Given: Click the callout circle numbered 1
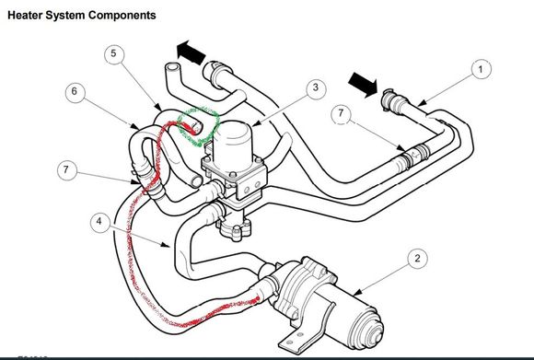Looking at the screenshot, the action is tap(482, 69).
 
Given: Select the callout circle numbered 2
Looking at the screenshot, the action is tap(417, 259).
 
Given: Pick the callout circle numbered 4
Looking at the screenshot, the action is tap(99, 222).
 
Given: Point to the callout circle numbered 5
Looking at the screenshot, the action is tap(114, 54).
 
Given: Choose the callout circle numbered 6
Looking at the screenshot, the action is tap(75, 92).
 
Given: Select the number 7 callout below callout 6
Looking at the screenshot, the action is tap(66, 169).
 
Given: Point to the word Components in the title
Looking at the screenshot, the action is tap(122, 16).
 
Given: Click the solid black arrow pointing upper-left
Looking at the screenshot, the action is tap(191, 52).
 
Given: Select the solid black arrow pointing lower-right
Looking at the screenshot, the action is tap(364, 85).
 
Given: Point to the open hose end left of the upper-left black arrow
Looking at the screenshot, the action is tap(171, 68).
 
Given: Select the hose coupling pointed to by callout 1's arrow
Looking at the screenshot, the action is tap(395, 100).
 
